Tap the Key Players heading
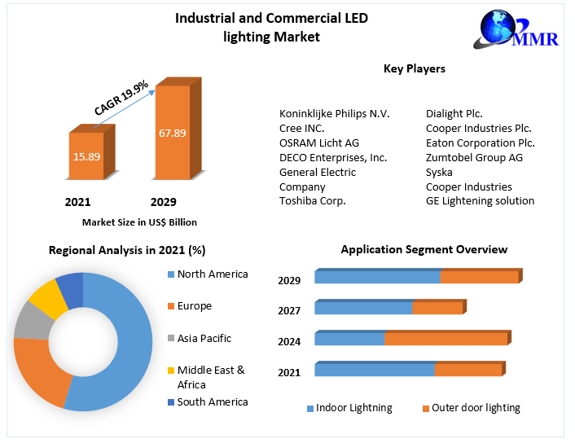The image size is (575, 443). (414, 69)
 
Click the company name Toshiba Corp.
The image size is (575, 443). (313, 201)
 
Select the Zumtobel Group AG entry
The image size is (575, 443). (474, 157)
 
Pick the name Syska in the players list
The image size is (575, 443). (439, 172)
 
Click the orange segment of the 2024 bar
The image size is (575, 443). (446, 339)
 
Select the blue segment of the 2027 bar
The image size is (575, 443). (363, 308)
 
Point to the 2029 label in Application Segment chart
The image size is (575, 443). (289, 281)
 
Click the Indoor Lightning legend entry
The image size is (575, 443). (349, 408)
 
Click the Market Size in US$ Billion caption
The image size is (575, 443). (139, 222)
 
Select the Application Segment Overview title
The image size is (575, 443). (424, 250)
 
